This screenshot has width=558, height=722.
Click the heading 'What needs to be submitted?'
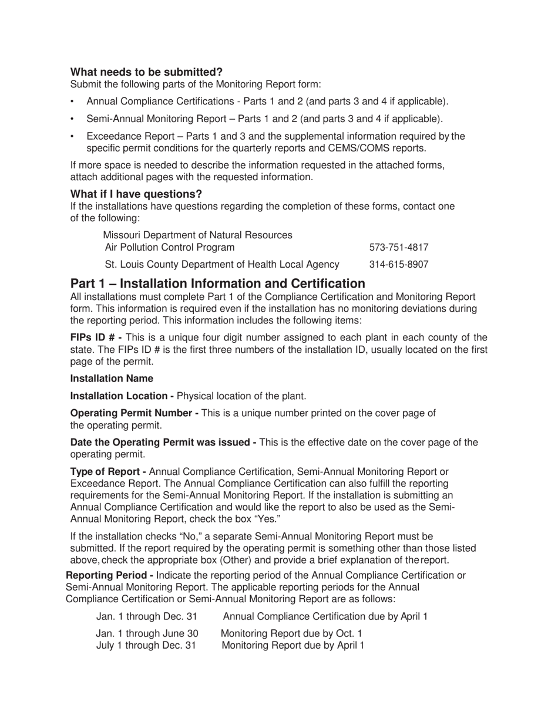[x=146, y=72]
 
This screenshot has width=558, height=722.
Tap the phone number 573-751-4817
[x=399, y=247]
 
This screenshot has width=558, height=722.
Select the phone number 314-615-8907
[x=399, y=264]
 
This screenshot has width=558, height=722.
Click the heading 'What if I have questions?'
[x=136, y=194]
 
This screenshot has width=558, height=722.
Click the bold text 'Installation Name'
[x=112, y=379]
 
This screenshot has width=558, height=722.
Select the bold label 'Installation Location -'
[x=122, y=396]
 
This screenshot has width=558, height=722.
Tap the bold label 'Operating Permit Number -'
[x=134, y=413]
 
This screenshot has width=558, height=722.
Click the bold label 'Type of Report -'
[x=108, y=472]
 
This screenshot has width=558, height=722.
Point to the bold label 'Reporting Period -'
[x=109, y=575]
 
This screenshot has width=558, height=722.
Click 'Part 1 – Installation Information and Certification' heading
[x=217, y=284]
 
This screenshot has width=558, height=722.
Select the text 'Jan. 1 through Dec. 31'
[x=147, y=616]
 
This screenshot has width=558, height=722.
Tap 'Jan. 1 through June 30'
[x=147, y=633]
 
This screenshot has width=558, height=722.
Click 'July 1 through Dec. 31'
[x=146, y=646]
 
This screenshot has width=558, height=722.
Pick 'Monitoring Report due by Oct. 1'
[x=291, y=633]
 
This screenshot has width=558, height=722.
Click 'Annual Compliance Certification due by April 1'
[x=325, y=616]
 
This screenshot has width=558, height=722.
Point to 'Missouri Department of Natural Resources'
[x=197, y=235]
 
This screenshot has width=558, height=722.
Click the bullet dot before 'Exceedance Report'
[x=72, y=137]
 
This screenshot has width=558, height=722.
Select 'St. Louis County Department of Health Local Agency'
[x=222, y=264]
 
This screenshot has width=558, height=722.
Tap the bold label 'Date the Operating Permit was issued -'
[x=163, y=443]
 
